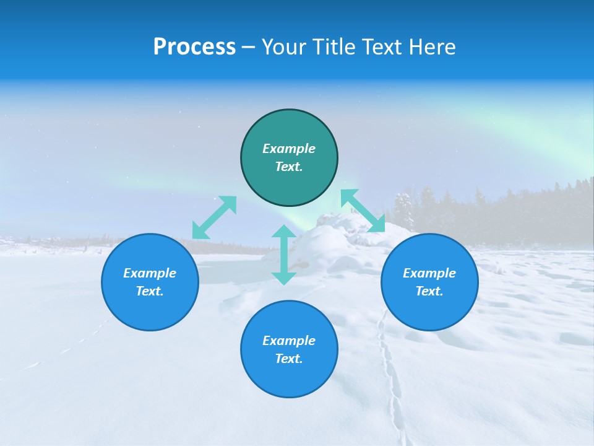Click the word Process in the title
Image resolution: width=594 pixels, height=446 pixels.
coord(194,47)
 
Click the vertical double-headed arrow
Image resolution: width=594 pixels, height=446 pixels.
coord(284,255)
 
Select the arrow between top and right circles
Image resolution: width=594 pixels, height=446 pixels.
coord(363,211)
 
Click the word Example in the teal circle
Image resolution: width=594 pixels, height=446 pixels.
coord(289,149)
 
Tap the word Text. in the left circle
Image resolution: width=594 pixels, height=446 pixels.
coord(150,291)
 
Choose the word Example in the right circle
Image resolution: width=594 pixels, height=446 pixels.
coord(429,273)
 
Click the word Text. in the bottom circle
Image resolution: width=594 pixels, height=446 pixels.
coord(289,359)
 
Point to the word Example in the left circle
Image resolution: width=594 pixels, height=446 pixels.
coord(150,273)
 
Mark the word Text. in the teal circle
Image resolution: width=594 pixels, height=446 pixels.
coord(289,167)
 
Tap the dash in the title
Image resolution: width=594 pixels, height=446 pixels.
coord(249,47)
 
